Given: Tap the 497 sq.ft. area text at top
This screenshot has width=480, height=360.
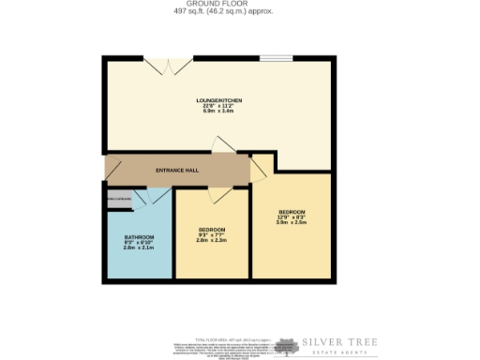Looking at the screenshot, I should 221,11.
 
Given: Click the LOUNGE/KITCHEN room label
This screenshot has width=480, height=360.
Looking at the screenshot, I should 219,99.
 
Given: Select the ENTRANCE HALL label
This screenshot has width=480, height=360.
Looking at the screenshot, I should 177,170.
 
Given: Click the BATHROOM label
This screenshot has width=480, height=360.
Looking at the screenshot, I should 139,236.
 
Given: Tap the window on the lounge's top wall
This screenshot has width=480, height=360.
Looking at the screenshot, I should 276,58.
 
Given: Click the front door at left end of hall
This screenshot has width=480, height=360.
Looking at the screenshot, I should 110,170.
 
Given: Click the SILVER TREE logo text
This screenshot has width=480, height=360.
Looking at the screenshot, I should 338,344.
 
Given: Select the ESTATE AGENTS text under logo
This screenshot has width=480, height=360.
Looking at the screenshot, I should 338,353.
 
